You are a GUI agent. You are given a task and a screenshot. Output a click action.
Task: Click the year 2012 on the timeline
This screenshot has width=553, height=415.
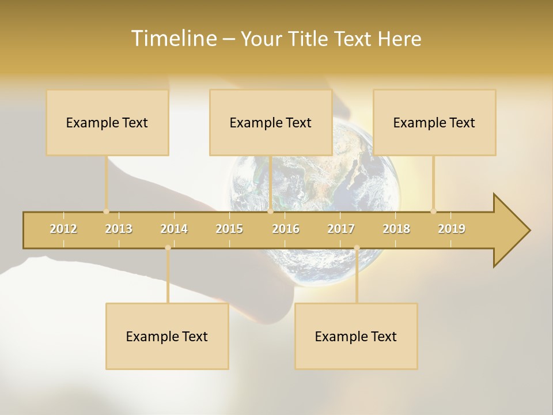tap(63, 229)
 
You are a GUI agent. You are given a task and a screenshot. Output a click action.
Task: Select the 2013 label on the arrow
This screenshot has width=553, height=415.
tap(119, 229)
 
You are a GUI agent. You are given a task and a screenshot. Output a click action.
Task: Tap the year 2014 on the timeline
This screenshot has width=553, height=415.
tap(174, 229)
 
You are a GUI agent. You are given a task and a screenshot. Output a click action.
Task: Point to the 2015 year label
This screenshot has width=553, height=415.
tap(229, 229)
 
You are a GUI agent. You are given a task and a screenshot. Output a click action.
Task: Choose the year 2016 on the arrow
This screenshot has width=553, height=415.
tap(286, 229)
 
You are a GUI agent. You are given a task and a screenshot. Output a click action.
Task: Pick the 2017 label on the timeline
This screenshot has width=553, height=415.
tap(341, 229)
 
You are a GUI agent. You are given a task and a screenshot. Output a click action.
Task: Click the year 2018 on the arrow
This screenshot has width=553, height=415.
tap(396, 229)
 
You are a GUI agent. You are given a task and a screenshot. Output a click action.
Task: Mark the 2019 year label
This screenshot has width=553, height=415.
tap(452, 229)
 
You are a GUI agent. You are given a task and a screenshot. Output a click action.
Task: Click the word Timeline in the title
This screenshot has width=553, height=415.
tap(172, 39)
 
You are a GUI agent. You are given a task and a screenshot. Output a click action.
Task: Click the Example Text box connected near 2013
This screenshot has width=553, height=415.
tap(107, 122)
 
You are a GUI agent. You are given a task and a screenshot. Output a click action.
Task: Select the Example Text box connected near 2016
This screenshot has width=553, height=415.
tap(271, 122)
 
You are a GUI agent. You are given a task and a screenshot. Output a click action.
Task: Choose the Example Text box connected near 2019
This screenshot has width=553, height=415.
tap(434, 122)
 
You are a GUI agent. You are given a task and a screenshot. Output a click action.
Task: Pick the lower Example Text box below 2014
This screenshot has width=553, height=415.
tap(167, 336)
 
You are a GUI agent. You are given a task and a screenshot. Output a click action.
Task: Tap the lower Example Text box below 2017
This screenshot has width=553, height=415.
tap(356, 336)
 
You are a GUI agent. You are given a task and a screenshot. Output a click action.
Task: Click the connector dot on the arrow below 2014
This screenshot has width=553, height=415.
tap(168, 248)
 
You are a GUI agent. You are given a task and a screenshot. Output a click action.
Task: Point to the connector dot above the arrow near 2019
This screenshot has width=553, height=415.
tap(433, 211)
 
